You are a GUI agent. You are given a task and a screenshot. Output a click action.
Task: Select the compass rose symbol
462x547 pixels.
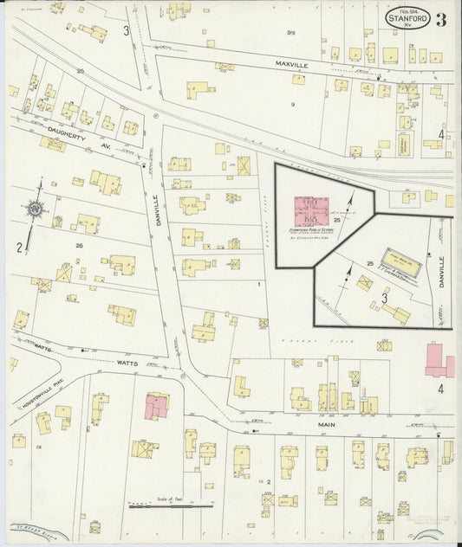(34, 209)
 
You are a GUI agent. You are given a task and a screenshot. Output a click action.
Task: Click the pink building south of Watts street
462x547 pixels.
(156, 405)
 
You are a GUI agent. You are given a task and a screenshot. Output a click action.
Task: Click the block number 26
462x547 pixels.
(79, 246)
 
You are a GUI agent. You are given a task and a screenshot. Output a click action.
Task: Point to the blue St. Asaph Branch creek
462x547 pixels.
(35, 529)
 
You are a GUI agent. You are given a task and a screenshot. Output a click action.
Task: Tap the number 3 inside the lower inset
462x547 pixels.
(384, 299)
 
